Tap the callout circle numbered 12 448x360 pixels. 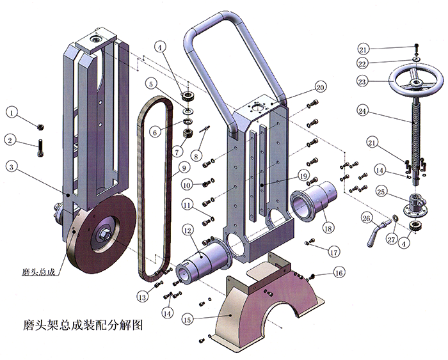click(188, 229)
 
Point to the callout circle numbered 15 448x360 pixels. click(188, 318)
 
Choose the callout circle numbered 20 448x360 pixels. click(321, 86)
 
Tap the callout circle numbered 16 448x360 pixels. click(339, 272)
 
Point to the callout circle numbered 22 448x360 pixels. click(363, 63)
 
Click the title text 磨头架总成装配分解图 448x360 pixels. click(76, 325)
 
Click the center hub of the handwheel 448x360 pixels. click(416, 81)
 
